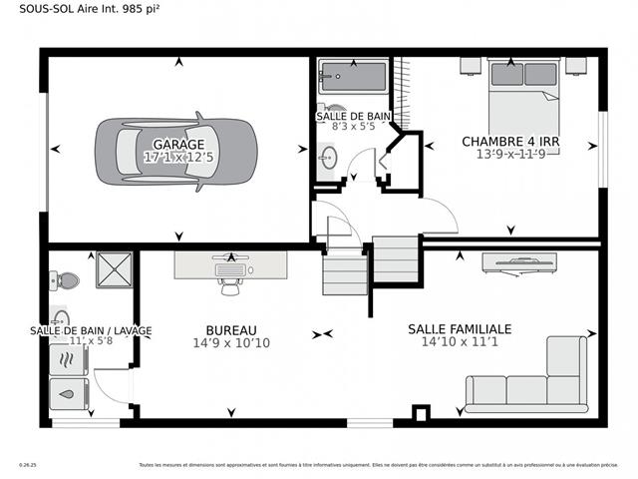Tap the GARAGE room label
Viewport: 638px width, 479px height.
click(x=178, y=144)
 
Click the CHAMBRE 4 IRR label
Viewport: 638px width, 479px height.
click(x=509, y=142)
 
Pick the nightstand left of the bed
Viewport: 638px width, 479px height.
click(x=470, y=65)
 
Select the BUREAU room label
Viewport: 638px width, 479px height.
click(x=231, y=330)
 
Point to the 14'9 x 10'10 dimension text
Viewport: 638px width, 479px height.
click(x=231, y=344)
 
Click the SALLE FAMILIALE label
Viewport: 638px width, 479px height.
click(x=459, y=328)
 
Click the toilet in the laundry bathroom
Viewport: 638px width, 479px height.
click(x=66, y=279)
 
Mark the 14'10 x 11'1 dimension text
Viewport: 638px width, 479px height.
click(x=459, y=342)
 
